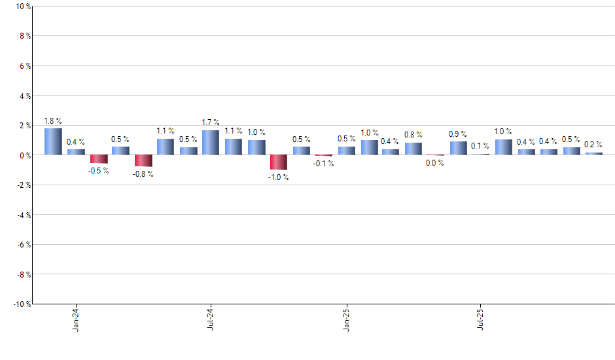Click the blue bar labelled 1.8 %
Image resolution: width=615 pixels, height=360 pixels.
[x=53, y=141]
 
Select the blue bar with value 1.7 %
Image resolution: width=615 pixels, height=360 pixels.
[x=210, y=143]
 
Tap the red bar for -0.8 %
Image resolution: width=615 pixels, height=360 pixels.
[x=143, y=161]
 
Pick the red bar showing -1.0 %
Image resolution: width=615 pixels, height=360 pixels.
[x=278, y=162]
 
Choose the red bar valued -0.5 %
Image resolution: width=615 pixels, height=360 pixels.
[x=99, y=159]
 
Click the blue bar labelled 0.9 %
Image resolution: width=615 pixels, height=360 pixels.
[x=458, y=149]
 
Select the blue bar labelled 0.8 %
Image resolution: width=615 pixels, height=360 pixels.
[x=413, y=149]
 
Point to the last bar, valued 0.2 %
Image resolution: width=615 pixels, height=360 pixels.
[x=593, y=154]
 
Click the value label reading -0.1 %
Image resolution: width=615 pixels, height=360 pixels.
[x=323, y=164]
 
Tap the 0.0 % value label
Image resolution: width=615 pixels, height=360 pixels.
[x=434, y=163]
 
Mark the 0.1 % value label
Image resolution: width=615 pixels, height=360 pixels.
[x=480, y=146]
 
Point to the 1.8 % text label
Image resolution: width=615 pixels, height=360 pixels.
[x=53, y=121]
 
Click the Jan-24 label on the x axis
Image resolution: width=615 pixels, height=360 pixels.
[x=76, y=319]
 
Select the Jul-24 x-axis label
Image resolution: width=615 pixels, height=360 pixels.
[x=211, y=319]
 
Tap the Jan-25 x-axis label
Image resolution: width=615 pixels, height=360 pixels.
[x=345, y=319]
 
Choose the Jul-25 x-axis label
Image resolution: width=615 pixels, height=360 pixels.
[x=480, y=319]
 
